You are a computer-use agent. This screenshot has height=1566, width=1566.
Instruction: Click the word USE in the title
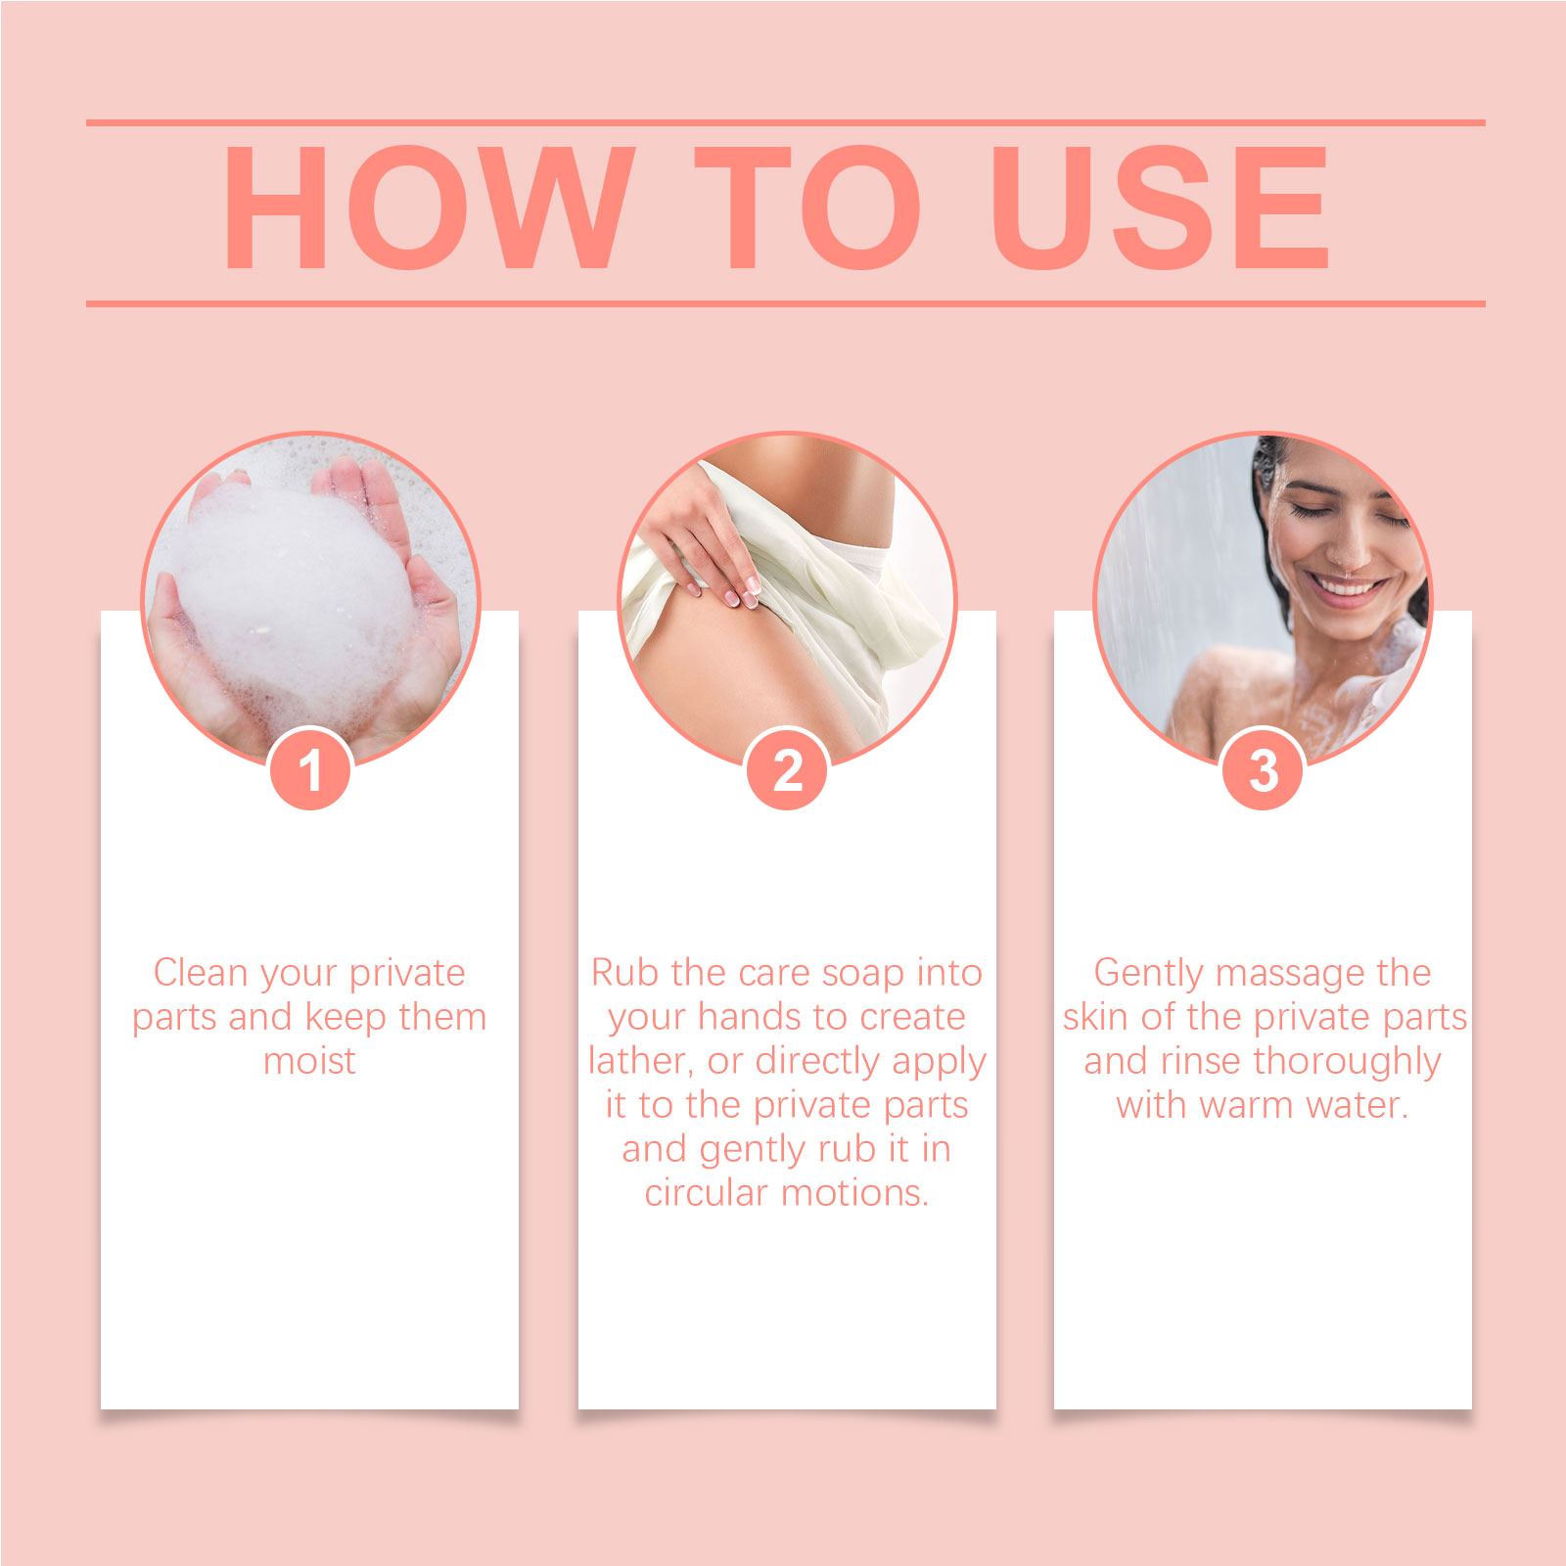point(1160,207)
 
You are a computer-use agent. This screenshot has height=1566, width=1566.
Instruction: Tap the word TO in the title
point(808,207)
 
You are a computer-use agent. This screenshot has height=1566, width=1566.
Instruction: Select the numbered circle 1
point(310,769)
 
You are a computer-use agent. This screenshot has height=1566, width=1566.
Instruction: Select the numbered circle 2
point(788,769)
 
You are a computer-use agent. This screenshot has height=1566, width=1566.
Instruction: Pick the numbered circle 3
point(1264,769)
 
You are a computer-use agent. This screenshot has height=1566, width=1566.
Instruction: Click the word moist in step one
point(309,1061)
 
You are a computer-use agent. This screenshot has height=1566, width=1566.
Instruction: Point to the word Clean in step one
point(201,973)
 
